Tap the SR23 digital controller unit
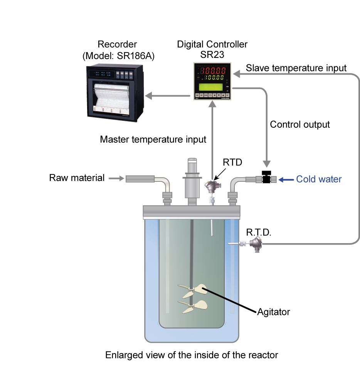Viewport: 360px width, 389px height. [212, 81]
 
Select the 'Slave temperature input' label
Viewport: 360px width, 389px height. [296, 68]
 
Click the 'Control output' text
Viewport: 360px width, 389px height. [300, 125]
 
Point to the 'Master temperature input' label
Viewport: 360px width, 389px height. [153, 139]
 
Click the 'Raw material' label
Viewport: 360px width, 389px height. [77, 178]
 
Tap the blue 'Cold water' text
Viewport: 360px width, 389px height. [319, 179]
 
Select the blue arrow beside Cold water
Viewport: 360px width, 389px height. [286, 179]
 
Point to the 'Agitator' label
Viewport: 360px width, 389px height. [273, 311]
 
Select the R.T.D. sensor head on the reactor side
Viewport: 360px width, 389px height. [255, 244]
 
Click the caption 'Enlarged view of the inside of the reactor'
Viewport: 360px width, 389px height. [192, 355]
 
